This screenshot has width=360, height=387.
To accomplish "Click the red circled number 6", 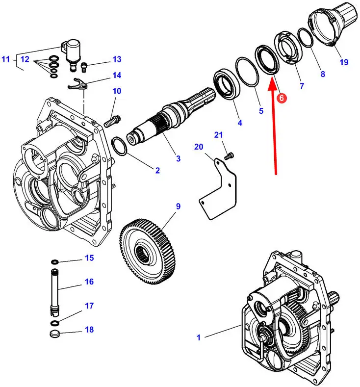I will point(282,98).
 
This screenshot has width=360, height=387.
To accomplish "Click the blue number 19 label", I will point(344,62).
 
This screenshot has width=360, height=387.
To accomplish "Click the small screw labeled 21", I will point(229,156).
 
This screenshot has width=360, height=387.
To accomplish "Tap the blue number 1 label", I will point(199,337).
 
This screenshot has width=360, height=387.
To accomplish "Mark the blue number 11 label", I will point(5,60).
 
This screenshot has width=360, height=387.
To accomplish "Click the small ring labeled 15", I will point(55,260).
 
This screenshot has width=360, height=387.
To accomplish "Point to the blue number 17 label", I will point(89,306).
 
